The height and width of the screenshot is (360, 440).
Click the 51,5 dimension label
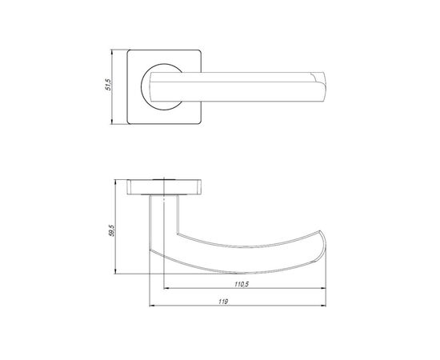pos(108,85)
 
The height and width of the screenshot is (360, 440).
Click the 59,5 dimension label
pos(112,230)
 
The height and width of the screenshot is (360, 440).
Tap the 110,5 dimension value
pos(242,284)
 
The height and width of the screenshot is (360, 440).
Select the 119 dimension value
pos(223,302)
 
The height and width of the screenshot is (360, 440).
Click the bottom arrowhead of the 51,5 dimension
pos(112,122)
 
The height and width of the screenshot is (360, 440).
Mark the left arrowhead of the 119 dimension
pos(152,306)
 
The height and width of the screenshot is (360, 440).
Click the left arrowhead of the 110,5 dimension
pos(166,288)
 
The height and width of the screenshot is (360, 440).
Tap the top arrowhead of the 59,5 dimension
pos(116,182)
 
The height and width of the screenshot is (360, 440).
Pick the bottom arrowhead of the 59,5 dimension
pos(116,271)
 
